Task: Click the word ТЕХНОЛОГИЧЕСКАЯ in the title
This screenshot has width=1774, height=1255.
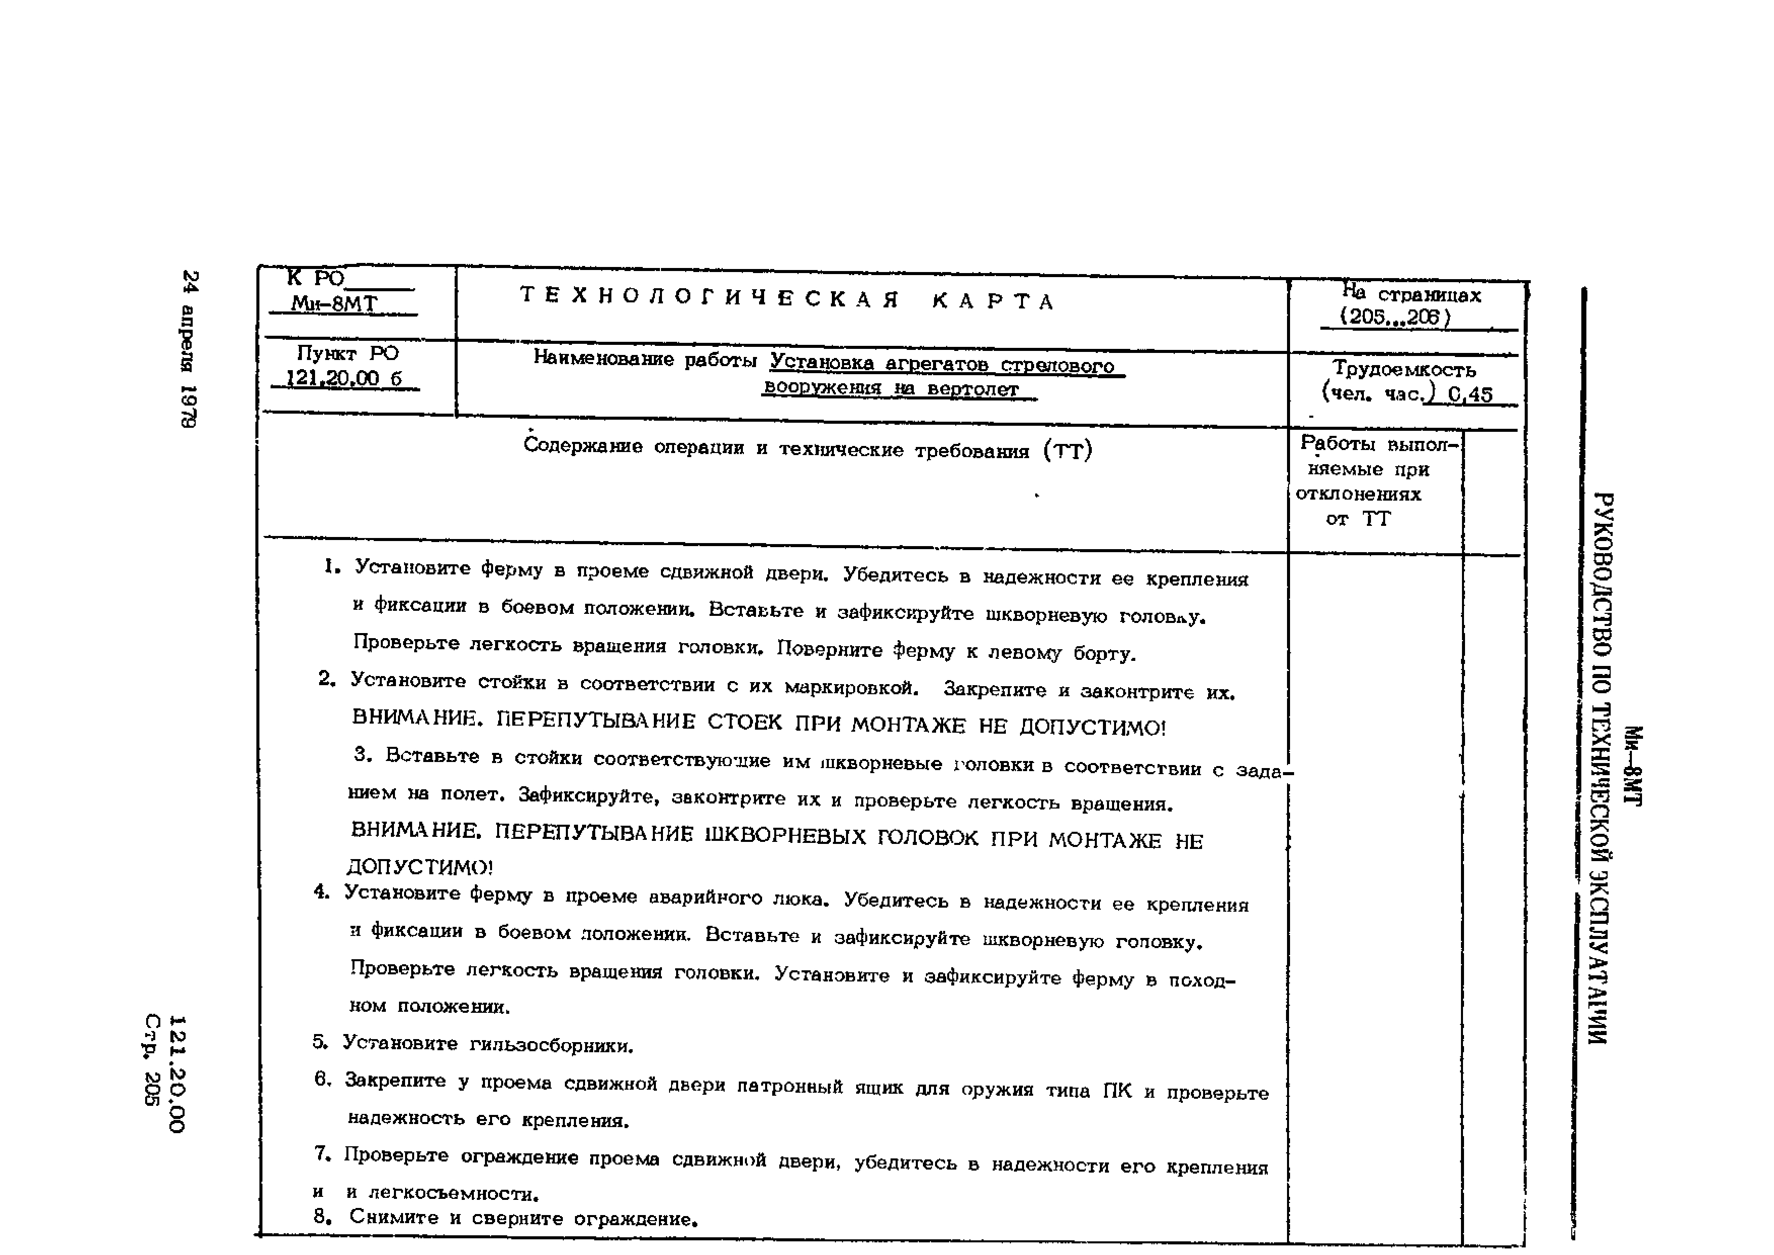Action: coord(709,297)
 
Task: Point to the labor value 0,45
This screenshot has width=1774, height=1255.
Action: coord(1470,395)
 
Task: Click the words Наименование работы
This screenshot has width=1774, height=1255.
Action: coord(645,360)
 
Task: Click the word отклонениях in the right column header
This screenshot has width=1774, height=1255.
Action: coord(1358,494)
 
